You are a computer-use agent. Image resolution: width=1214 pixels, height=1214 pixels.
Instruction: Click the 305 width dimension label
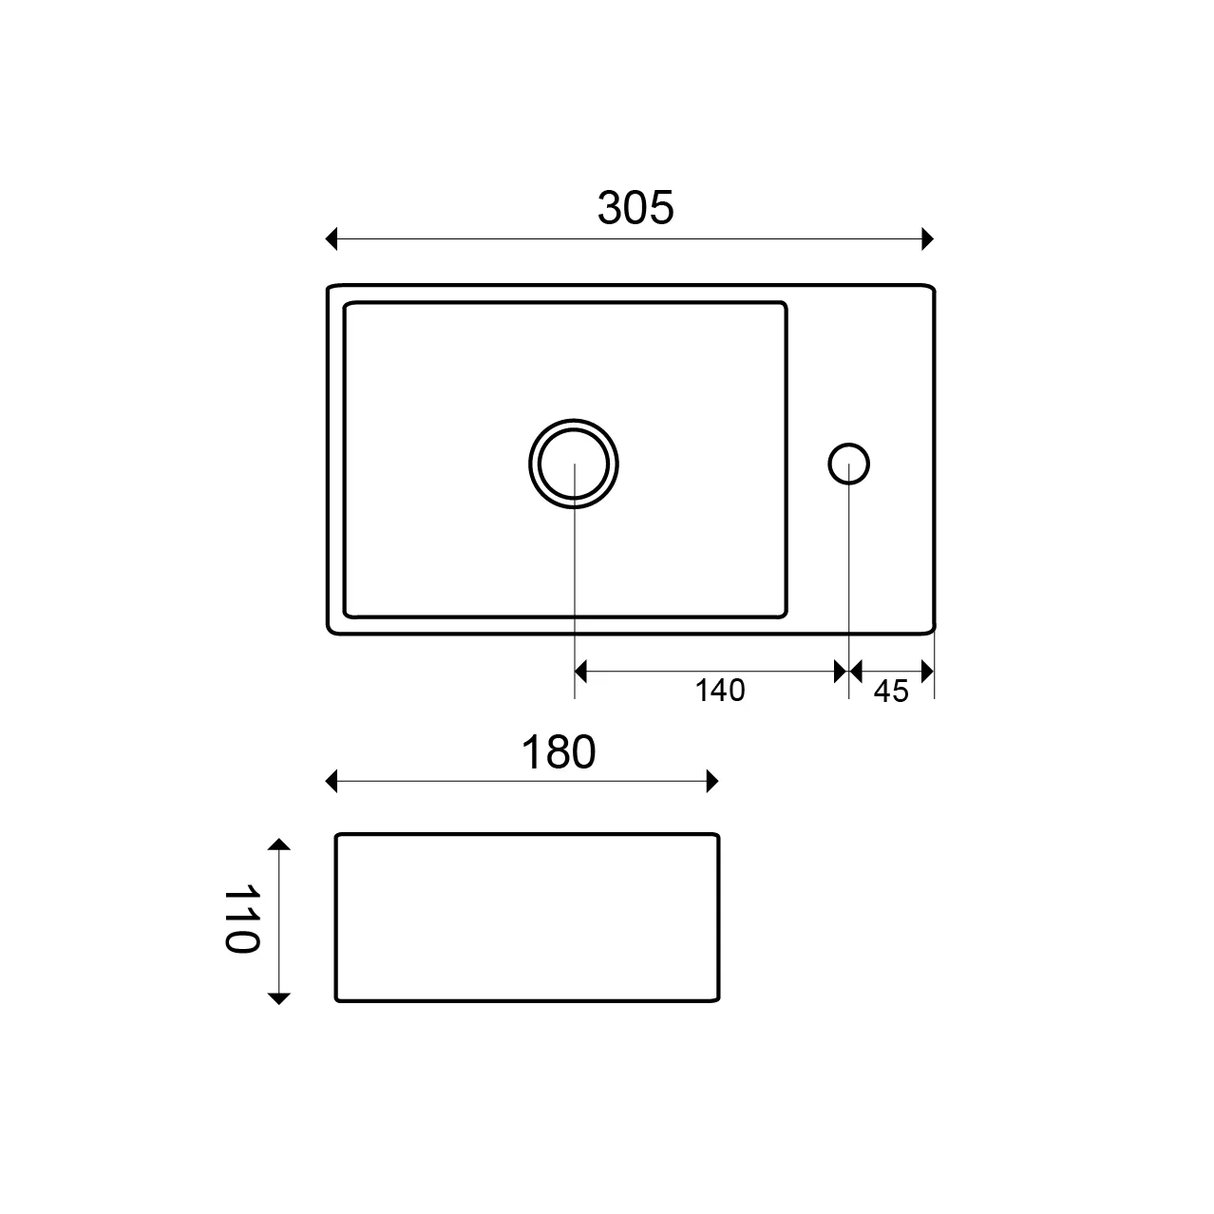635,207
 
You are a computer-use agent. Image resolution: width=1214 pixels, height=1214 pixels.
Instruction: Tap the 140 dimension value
719,691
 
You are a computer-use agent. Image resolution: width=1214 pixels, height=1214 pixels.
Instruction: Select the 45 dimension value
891,692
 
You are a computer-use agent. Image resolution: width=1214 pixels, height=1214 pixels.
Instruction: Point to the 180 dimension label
559,751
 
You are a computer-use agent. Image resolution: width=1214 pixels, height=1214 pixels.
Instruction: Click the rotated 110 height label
242,919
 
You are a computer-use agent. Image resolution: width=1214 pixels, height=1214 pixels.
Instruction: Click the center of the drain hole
574,464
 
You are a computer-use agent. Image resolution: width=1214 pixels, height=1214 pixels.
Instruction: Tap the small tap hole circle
848,464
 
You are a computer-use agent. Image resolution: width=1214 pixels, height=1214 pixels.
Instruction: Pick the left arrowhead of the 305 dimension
331,238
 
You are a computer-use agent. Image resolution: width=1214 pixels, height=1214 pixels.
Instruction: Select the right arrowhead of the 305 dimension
927,238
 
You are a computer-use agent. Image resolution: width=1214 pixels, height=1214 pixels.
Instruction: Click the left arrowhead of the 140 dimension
580,672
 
